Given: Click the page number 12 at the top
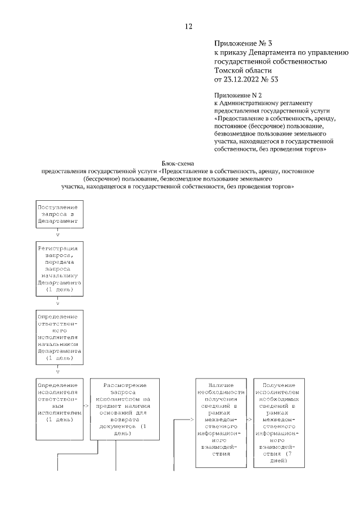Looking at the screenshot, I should [188, 26].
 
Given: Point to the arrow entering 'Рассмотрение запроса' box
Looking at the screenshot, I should [86, 404].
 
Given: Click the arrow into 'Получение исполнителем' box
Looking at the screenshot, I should [250, 420].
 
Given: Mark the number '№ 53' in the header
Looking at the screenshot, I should [271, 79].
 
